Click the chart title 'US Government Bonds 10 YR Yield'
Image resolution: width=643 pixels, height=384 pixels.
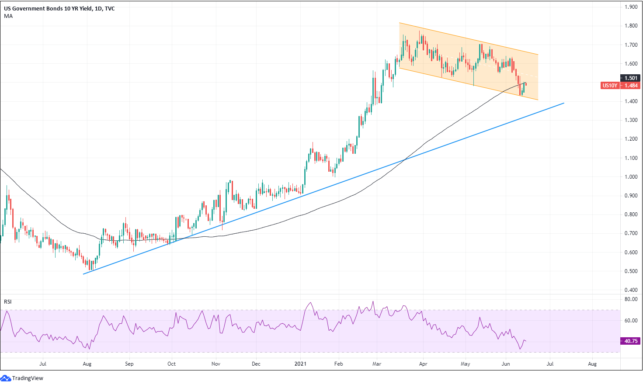coord(48,8)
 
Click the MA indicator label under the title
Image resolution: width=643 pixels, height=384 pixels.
coord(8,16)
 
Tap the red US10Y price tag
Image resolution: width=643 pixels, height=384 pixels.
coord(610,86)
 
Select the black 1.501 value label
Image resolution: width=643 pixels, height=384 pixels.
coord(631,78)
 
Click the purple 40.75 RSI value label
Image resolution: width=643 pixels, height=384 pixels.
coord(631,341)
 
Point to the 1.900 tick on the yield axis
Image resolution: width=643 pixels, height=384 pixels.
coord(631,7)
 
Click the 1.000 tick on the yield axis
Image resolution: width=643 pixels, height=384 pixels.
coord(631,177)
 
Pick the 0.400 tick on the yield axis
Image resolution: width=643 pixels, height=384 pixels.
coord(631,290)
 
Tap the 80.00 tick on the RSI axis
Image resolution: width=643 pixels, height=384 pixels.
coord(631,299)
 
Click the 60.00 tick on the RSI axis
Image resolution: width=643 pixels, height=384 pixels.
coord(631,321)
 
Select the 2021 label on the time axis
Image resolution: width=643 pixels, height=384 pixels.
coord(300,364)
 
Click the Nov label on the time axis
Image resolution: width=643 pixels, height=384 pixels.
coord(215,364)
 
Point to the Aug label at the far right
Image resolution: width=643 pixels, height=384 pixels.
coord(592,364)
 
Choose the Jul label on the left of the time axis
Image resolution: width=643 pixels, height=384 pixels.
coord(43,364)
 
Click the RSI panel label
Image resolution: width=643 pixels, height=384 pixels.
coord(8,302)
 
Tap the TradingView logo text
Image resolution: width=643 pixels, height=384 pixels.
coord(28,378)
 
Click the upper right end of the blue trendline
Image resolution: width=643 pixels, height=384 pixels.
coord(564,103)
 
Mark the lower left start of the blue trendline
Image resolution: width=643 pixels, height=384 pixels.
coord(83,274)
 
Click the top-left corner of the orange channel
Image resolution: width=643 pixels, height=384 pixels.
coord(399,23)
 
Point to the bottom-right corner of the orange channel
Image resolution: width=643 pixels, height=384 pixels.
coord(538,100)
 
